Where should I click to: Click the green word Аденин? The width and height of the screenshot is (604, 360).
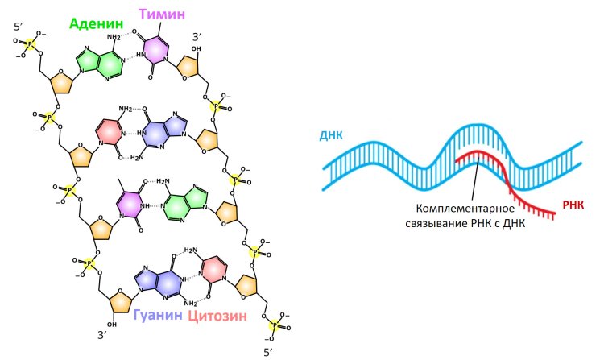coord(97,24)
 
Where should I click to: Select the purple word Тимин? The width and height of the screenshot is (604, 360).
coord(162,14)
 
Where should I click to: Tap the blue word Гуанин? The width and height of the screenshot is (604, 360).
coord(158,315)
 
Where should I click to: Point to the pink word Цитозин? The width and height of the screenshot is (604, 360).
coord(217,316)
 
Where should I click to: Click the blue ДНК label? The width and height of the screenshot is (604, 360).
coord(331,135)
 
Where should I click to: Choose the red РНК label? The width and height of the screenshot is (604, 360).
coord(573,205)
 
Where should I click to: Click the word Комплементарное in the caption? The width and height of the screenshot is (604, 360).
coord(465,209)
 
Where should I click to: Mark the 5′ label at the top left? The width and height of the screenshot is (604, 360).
coord(18,27)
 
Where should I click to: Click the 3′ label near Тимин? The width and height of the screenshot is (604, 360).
coord(197,37)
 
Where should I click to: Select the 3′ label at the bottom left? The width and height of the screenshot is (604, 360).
coord(101,335)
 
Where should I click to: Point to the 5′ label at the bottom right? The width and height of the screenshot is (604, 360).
coord(268,352)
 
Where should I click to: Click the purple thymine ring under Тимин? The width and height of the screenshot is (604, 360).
coord(155,49)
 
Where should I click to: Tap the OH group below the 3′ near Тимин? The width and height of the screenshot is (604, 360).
coord(196,49)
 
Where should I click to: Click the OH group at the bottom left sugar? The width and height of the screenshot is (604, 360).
coord(112,325)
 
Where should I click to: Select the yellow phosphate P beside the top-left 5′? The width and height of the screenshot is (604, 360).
coord(30,44)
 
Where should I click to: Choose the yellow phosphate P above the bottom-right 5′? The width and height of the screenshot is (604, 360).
coord(275,325)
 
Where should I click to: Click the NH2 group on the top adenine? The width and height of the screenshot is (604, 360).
coord(114,37)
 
